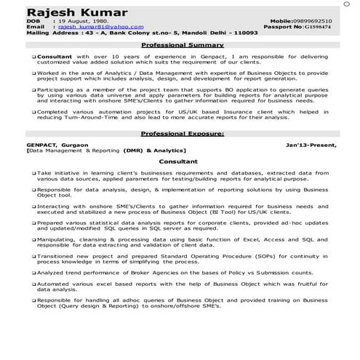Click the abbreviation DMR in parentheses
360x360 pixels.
pyautogui.click(x=132, y=151)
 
